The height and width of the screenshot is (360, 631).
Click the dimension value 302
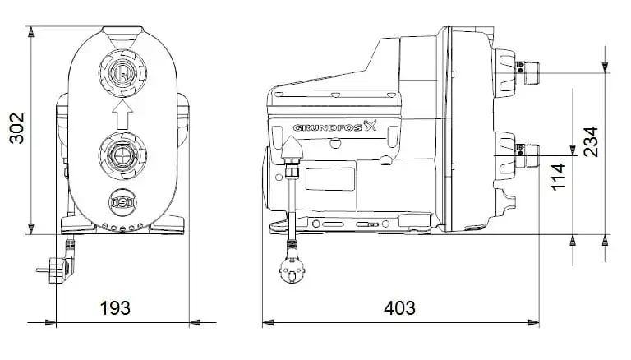(17, 128)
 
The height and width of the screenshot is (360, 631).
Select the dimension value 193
(115, 308)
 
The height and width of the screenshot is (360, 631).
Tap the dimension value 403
(399, 308)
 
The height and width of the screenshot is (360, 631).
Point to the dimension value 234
(591, 141)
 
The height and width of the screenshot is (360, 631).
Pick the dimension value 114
(559, 177)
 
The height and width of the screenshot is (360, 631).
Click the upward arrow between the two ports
(122, 114)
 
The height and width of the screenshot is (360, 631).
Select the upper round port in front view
(122, 73)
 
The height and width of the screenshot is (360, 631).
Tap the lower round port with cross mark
(122, 155)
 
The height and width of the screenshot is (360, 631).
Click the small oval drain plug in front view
(122, 202)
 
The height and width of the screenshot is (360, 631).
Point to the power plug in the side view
(292, 266)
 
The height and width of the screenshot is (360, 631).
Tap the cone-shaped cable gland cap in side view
(292, 147)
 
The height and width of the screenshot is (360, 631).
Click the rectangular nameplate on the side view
(330, 179)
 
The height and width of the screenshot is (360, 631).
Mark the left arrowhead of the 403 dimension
(268, 322)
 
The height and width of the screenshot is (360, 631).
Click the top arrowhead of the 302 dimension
(31, 32)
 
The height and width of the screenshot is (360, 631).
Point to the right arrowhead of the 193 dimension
(195, 322)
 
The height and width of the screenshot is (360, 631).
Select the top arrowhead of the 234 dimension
(605, 67)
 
